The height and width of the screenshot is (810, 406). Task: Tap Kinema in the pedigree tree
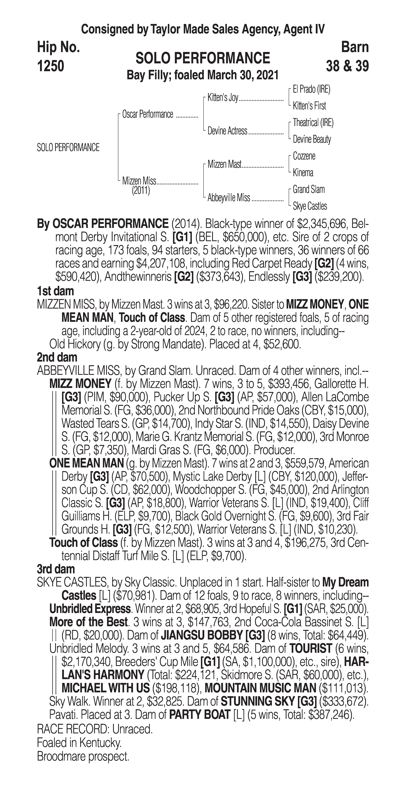pos(303,173)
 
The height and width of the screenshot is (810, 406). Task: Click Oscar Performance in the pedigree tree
pos(148,114)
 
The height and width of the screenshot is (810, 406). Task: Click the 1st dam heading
pos(55,291)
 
